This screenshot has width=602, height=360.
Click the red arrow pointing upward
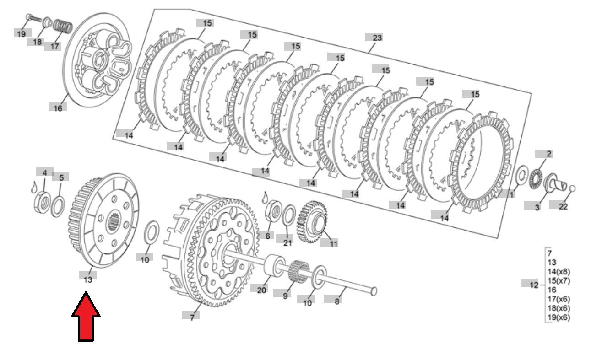click(86, 317)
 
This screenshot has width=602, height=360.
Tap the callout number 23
click(377, 38)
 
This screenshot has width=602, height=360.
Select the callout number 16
click(58, 108)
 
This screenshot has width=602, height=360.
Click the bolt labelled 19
click(33, 18)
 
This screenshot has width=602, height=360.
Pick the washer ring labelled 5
click(58, 206)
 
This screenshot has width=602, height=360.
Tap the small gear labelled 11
click(312, 222)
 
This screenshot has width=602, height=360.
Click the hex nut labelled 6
click(274, 211)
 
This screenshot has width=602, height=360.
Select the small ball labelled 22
click(572, 188)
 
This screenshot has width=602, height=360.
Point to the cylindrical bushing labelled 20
click(274, 265)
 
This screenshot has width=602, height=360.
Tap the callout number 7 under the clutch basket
click(192, 317)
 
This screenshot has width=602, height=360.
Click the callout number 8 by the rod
click(337, 301)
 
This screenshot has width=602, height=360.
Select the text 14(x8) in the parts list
click(559, 272)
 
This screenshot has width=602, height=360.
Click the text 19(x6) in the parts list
click(559, 317)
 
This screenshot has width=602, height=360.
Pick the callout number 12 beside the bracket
click(534, 285)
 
